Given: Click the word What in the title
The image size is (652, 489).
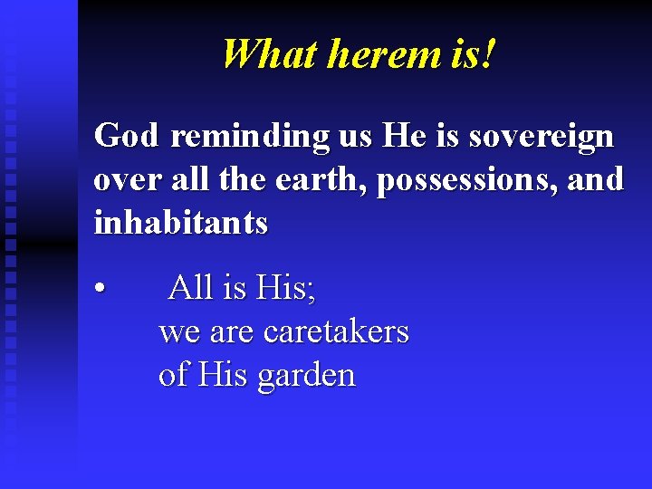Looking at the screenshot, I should (x=269, y=54).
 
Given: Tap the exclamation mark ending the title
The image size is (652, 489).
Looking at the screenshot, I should (x=490, y=54).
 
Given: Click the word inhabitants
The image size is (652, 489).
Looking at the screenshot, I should (x=181, y=223).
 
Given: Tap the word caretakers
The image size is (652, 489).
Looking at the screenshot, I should (x=336, y=331).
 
